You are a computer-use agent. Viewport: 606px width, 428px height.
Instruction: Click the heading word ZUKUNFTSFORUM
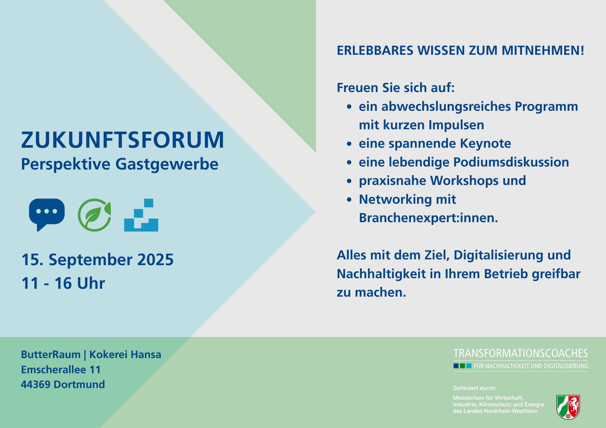click(x=123, y=140)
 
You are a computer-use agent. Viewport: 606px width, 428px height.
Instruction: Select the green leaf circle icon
click(x=95, y=215)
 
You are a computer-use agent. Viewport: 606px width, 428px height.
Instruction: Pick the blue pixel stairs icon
click(x=141, y=215)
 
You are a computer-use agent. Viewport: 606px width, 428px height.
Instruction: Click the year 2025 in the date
click(x=155, y=260)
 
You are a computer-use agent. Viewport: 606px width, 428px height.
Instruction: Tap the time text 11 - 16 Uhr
click(x=63, y=283)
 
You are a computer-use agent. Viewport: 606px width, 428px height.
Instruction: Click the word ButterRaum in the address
click(x=51, y=354)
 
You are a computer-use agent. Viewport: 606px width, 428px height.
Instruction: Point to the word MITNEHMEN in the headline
click(x=543, y=51)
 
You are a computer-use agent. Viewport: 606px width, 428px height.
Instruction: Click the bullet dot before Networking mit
click(x=349, y=199)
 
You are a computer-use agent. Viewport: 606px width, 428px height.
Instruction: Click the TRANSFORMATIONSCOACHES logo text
click(x=521, y=354)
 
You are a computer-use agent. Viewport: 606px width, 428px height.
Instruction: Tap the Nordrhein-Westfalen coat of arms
click(x=568, y=407)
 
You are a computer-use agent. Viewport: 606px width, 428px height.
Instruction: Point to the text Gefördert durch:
click(x=474, y=388)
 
